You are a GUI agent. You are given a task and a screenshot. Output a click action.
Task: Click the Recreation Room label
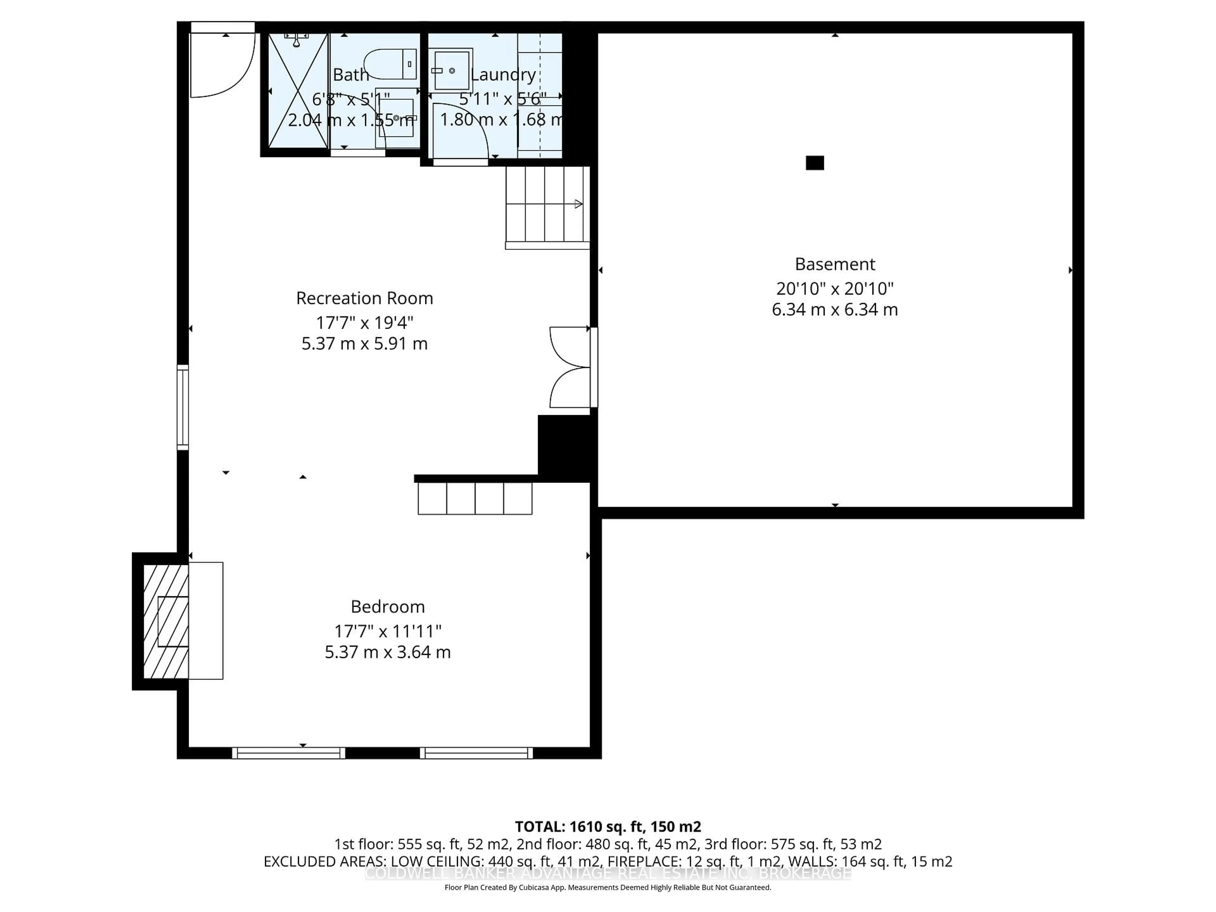[364, 298]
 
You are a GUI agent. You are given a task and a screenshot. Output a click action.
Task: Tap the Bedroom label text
[388, 606]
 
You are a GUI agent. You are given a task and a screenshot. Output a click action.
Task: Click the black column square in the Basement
[815, 163]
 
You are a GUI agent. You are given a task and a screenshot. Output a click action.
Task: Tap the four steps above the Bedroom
[475, 498]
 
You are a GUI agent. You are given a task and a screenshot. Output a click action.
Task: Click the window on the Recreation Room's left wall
[182, 407]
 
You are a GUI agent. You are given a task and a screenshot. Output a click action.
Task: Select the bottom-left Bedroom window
[288, 753]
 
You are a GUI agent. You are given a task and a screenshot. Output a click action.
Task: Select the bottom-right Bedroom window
[476, 753]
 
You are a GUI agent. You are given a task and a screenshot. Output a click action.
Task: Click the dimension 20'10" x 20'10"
[834, 288]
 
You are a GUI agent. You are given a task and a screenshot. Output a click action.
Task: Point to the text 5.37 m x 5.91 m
[364, 344]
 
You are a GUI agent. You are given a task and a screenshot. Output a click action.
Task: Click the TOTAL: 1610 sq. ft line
[607, 826]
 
